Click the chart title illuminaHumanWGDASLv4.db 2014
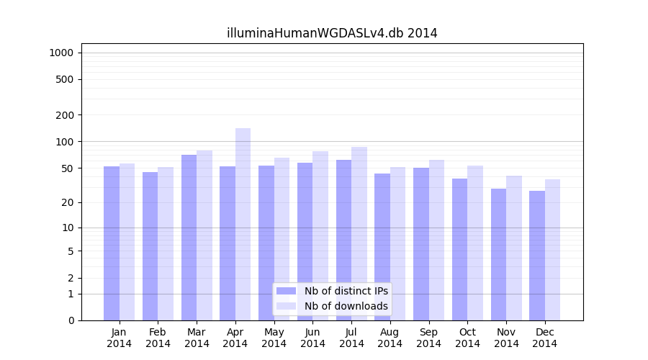[332, 33]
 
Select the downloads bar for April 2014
[243, 224]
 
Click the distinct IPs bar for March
[189, 238]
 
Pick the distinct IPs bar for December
[537, 256]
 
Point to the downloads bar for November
[514, 248]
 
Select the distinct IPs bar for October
[459, 249]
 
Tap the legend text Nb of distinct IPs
[346, 291]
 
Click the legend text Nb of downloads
[346, 306]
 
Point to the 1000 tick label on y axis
[61, 53]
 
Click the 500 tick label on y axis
[65, 79]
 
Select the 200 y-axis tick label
[65, 114]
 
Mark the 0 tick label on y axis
[71, 320]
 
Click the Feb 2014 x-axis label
[158, 338]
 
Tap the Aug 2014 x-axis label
[390, 338]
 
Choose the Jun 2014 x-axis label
[312, 338]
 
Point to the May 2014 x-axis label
[274, 338]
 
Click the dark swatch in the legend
[286, 291]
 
